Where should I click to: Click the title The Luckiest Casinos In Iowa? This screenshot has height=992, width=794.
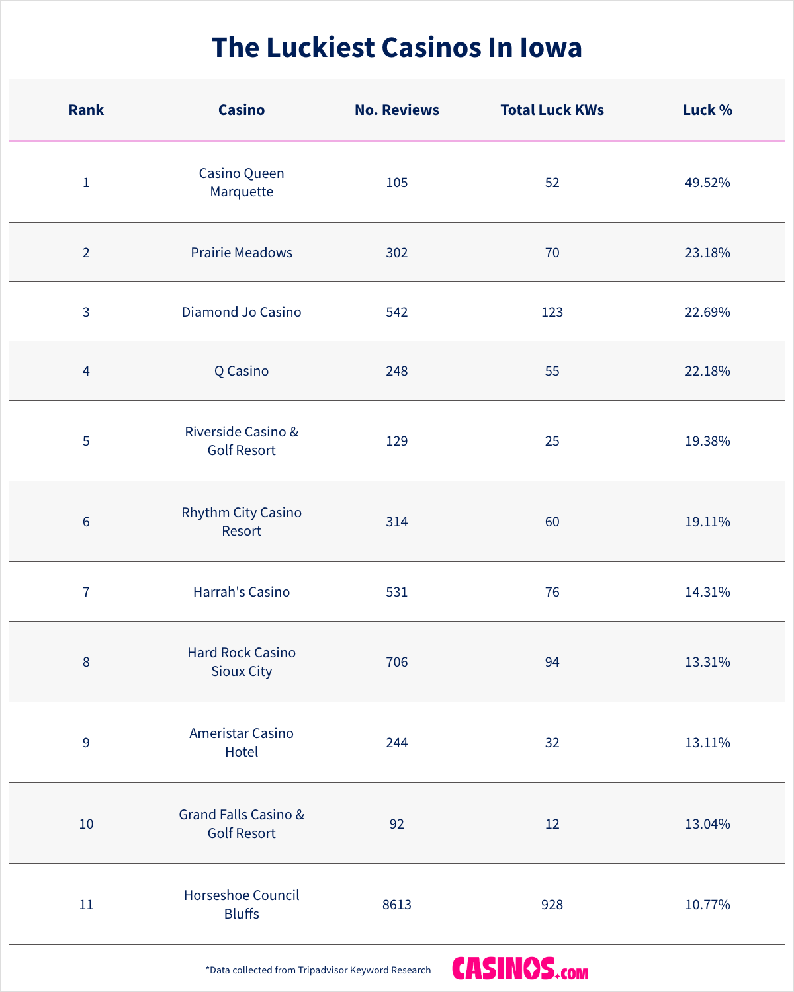click(x=397, y=48)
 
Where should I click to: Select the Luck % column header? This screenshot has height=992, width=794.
click(x=707, y=110)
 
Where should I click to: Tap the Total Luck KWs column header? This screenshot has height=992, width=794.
click(x=552, y=110)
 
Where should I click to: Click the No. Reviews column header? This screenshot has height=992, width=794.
click(x=397, y=110)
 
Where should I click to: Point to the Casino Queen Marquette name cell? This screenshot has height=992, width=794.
click(x=242, y=183)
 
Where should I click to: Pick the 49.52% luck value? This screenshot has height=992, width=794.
click(x=707, y=183)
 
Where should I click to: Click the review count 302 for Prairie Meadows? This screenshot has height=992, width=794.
click(x=397, y=253)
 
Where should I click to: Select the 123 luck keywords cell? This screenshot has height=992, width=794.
click(x=552, y=312)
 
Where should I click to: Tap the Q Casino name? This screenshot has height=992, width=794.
click(x=242, y=371)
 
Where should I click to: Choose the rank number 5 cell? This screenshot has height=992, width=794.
click(x=86, y=441)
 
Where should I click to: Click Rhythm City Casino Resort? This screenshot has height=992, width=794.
click(x=242, y=522)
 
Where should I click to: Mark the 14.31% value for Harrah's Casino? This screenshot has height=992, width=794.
click(x=707, y=592)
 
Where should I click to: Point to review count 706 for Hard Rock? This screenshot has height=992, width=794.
click(x=397, y=662)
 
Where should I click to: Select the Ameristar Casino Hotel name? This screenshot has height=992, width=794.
click(x=242, y=743)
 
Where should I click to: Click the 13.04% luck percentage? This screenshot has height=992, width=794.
click(x=707, y=824)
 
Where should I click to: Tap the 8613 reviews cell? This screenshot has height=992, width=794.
click(x=397, y=905)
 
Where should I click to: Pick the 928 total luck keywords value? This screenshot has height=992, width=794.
click(x=552, y=905)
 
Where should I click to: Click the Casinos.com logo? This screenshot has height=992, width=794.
click(x=520, y=969)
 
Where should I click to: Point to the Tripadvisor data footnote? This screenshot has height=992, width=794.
click(x=318, y=970)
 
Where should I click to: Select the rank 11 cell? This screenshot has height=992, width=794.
click(x=86, y=905)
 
